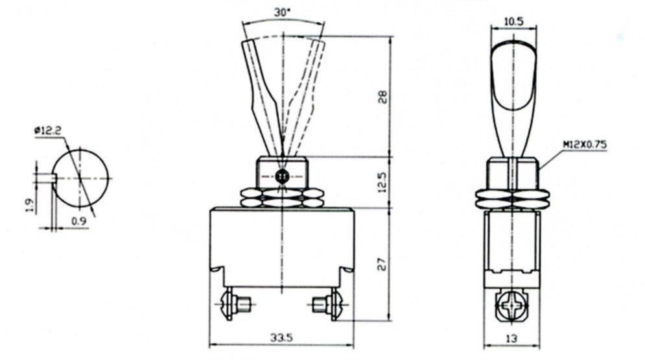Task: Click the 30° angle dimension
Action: [282, 12]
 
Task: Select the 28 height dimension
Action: [382, 97]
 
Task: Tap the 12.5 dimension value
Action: [382, 182]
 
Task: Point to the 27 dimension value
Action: [382, 264]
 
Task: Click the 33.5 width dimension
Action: [282, 338]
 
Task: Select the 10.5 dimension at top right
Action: [513, 21]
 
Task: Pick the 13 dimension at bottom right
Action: [511, 339]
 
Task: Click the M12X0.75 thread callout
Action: [585, 145]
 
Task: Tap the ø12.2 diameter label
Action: [48, 131]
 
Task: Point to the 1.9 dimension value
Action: [29, 206]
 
